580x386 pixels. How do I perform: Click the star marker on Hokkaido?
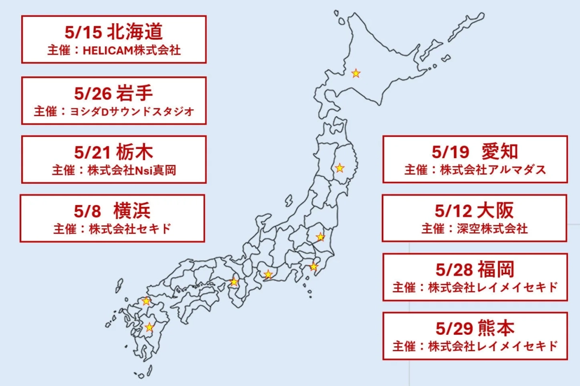[356, 74]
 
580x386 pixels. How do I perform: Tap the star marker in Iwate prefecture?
[340, 168]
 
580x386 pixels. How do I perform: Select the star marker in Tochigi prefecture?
[320, 237]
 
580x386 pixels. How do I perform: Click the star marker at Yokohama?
[314, 267]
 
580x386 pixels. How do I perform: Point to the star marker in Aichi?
[268, 275]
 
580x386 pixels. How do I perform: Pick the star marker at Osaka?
[234, 282]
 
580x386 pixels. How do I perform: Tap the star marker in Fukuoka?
[146, 301]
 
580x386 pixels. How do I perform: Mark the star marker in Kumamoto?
[149, 327]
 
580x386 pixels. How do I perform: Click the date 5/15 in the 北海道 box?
[82, 32]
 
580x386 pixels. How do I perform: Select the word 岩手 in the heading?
[135, 93]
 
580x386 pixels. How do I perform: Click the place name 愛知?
[500, 152]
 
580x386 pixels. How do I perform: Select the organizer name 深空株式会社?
[493, 229]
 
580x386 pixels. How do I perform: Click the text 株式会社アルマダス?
[493, 170]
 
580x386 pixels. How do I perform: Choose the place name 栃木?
[135, 152]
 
